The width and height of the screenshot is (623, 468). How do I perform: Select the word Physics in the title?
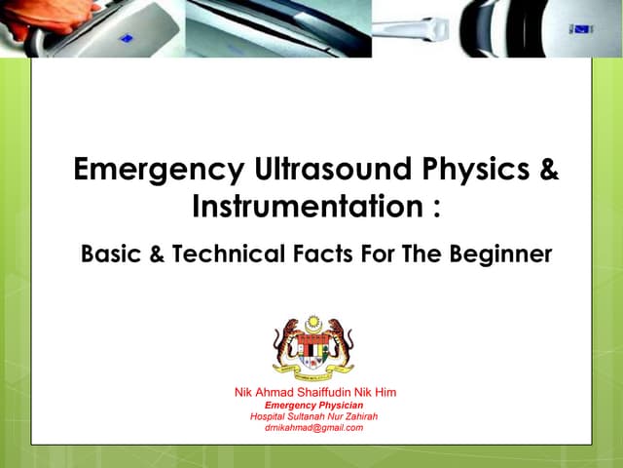pos(476,170)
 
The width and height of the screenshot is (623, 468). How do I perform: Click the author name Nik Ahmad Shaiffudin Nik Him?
pos(315,392)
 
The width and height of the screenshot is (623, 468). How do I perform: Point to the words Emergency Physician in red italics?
pos(314,405)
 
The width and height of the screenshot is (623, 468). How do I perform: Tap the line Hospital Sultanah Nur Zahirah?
pos(314,416)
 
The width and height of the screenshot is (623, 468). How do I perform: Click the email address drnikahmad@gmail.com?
pos(314,428)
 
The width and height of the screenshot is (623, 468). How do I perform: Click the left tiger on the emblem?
pos(285,341)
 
